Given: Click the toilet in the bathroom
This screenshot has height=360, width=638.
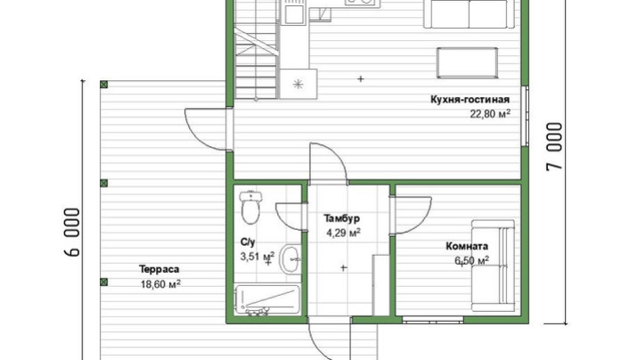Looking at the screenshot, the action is [250, 208].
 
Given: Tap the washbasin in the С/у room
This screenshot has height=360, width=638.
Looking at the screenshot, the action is [290, 259].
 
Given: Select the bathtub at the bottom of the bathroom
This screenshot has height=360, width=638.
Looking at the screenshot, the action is [267, 300].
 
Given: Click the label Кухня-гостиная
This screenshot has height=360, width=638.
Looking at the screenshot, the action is [470, 100].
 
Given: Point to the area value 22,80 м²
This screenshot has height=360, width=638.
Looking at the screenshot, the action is [490, 113].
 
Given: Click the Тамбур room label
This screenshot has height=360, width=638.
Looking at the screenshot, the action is [342, 218].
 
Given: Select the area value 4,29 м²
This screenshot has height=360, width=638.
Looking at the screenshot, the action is [343, 233].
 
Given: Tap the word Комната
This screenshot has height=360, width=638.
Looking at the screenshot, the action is [467, 246].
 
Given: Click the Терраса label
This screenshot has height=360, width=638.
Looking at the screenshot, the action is [159, 269].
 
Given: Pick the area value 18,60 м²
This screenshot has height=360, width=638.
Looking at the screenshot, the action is [160, 283].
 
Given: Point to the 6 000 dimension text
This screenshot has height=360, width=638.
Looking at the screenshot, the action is [72, 233].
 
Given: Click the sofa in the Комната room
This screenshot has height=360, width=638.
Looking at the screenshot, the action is [493, 266].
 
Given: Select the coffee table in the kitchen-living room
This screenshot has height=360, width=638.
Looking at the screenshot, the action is [468, 62].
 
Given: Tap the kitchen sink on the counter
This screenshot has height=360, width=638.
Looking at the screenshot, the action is [294, 14].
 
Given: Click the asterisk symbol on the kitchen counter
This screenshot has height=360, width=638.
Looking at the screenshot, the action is [299, 84].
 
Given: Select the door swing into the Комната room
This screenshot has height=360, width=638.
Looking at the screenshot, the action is [411, 215].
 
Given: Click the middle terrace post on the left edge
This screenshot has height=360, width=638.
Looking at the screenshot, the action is [103, 183].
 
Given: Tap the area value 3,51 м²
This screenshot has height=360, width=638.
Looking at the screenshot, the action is [258, 257].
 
